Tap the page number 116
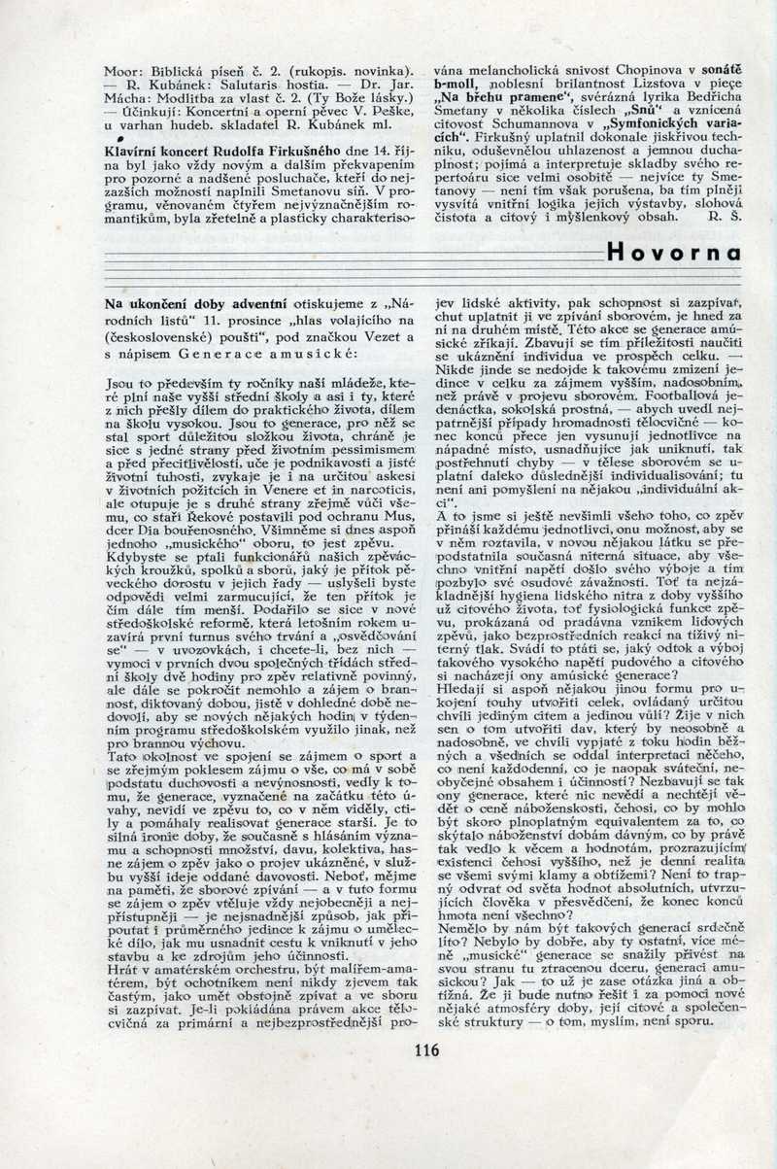(x=425, y=1049)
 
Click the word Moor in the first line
(x=123, y=70)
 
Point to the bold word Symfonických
(x=658, y=124)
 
